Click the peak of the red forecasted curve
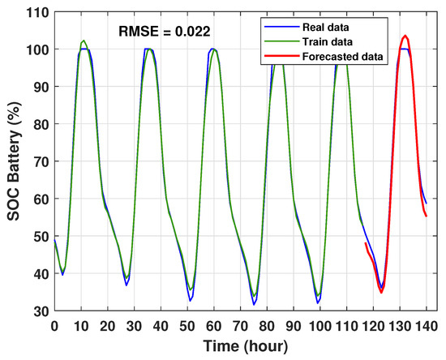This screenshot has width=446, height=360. point(405,36)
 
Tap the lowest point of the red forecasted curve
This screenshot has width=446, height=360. point(381,292)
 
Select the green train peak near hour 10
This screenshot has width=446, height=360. point(84,41)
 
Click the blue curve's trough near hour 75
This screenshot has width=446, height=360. point(254,304)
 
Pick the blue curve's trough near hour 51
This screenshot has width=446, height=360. point(191,301)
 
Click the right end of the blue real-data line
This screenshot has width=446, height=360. point(426,204)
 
